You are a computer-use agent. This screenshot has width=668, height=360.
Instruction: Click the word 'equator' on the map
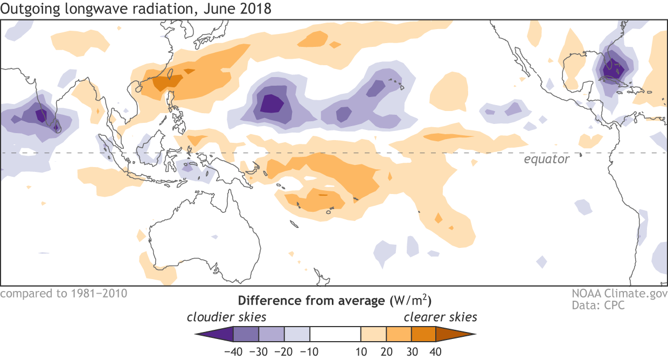(547, 160)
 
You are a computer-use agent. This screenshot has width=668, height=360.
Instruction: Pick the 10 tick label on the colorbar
(361, 352)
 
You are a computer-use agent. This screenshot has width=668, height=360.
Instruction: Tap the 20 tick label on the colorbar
(386, 352)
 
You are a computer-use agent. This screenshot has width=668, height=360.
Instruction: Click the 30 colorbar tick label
(412, 352)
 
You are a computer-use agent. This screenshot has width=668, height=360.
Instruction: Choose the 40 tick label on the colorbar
(436, 352)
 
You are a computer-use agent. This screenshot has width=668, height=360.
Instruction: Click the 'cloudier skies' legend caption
(226, 316)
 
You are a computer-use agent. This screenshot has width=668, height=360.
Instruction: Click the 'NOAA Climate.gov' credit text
(620, 294)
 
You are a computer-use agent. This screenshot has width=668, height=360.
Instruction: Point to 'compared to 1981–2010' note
(64, 294)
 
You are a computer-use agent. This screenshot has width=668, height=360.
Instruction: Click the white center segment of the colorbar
(335, 334)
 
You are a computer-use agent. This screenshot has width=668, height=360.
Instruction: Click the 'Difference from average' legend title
(310, 300)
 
